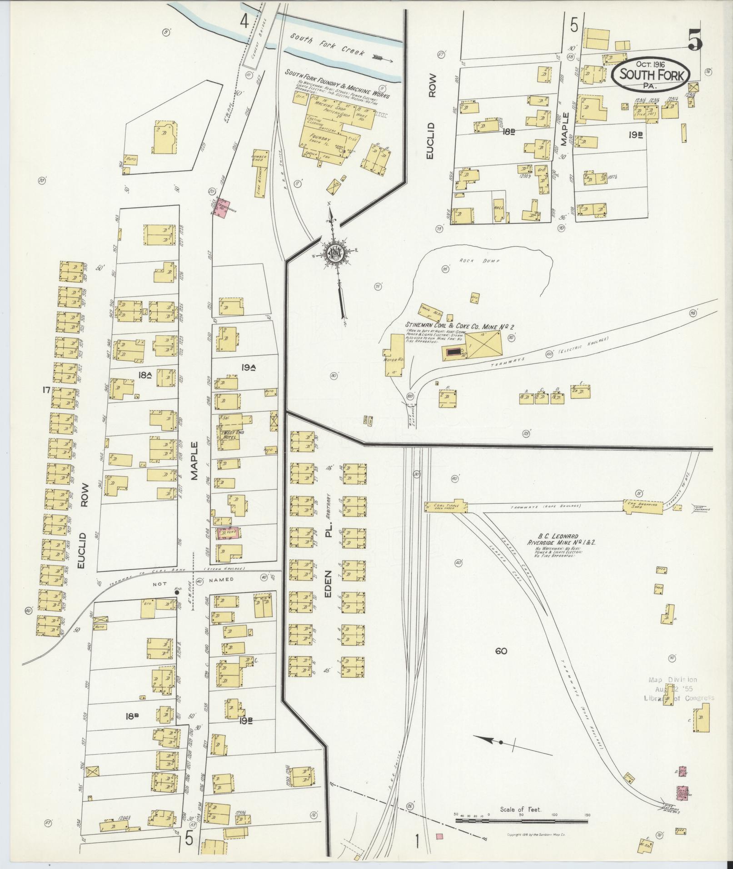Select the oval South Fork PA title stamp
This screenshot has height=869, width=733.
(650, 74)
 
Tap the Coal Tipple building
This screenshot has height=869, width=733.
(446, 507)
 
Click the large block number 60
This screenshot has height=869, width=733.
(501, 651)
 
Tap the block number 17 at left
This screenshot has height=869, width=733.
(45, 389)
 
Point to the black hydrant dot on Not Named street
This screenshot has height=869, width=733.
(176, 592)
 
